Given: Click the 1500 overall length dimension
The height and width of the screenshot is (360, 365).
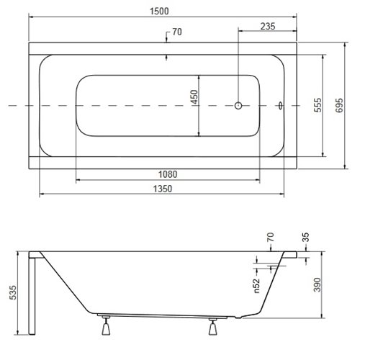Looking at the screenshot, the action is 159,11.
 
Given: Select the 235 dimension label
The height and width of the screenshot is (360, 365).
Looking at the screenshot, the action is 268,26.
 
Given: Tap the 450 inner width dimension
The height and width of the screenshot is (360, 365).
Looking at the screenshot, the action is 194,97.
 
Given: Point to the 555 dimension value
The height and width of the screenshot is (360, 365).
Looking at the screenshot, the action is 317,105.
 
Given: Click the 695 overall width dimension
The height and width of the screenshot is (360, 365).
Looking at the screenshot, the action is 339,105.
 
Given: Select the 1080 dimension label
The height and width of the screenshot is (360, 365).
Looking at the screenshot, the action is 168,174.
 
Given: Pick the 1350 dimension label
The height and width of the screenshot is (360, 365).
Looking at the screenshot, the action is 163,189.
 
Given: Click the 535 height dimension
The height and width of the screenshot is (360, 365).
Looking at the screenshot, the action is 13,292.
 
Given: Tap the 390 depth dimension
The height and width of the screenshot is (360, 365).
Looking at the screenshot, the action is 317,284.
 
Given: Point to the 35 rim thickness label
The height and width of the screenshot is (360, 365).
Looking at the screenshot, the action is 305,237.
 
